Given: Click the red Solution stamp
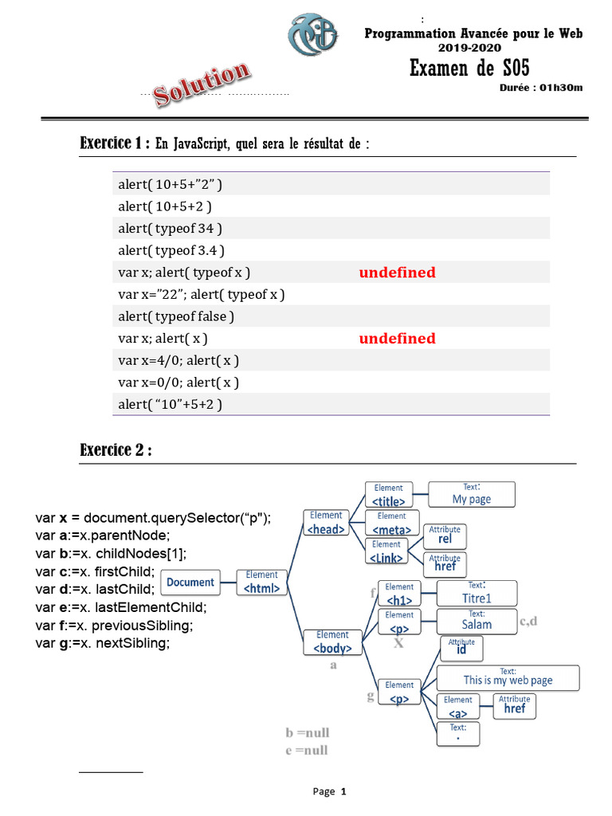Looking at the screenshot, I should click(x=202, y=84).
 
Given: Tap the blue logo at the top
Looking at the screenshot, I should click(x=313, y=36).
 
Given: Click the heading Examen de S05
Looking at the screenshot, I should click(x=469, y=68).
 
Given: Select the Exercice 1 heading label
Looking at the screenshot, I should click(x=114, y=143).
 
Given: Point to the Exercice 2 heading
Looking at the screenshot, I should click(x=116, y=450).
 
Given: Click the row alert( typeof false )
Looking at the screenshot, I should click(x=176, y=316).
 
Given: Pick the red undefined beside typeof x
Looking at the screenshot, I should click(x=397, y=273).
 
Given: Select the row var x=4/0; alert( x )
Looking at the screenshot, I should click(x=178, y=360).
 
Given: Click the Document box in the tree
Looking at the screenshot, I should click(x=190, y=583).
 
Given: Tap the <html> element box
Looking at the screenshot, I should click(x=262, y=583).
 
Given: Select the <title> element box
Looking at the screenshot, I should click(x=389, y=495).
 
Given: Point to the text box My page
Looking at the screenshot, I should click(x=472, y=494).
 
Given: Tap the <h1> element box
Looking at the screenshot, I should click(x=399, y=594).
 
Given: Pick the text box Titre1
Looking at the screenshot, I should click(x=477, y=593).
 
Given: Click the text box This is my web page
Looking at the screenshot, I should click(x=508, y=677).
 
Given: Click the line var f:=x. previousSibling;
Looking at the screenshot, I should click(x=114, y=626).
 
